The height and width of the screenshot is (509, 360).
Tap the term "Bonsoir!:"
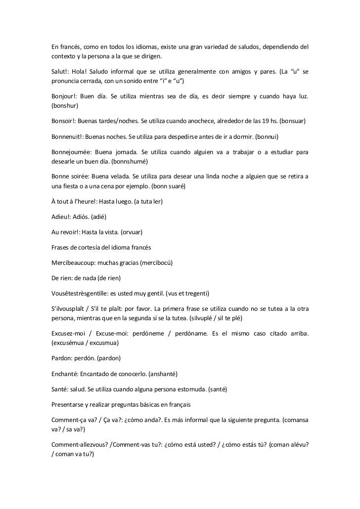[x=65, y=120]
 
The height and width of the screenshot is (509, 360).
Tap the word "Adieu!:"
[x=64, y=216]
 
